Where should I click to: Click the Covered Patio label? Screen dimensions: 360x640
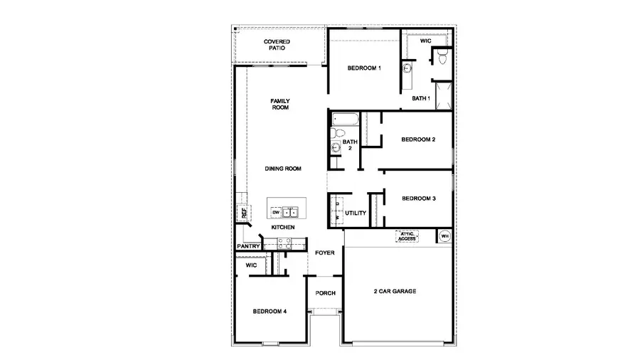point(277,45)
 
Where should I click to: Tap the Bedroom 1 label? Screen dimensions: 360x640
point(364,68)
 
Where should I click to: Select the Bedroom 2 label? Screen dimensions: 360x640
point(418,139)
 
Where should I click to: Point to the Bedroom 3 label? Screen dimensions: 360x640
point(418,198)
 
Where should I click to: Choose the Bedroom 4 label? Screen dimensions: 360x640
point(270,311)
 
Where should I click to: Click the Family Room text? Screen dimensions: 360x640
point(279,104)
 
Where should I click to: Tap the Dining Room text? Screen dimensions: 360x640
point(283,169)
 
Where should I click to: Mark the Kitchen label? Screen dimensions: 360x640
point(282,227)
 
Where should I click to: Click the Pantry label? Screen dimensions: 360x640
point(248,247)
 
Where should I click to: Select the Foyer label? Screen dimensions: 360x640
point(325,253)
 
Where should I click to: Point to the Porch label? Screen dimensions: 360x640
point(325,293)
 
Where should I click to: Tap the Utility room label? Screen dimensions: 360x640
point(356,213)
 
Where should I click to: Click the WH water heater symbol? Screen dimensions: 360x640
point(445,236)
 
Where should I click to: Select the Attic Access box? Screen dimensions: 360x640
point(407,237)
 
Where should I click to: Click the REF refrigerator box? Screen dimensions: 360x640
point(243,212)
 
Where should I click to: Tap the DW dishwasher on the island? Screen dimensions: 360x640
point(275,212)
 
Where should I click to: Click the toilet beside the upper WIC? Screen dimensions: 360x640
point(442,57)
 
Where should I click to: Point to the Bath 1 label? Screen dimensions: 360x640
point(421,98)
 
